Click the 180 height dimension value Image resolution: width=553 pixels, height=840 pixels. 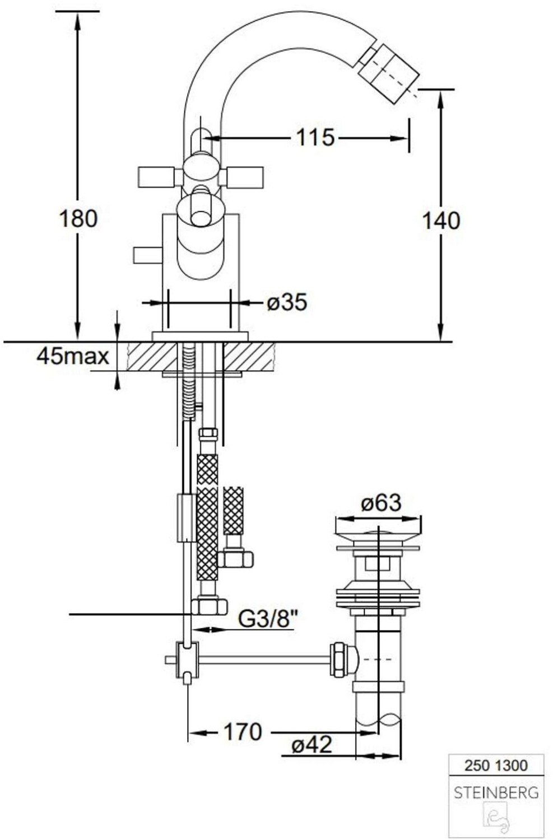coord(78,218)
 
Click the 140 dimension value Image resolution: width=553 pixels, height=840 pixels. coord(441,221)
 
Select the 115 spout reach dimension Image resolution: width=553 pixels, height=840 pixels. coord(315,137)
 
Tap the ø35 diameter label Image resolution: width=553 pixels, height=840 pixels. coord(287,303)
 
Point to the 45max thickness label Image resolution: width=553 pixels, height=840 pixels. coord(73,356)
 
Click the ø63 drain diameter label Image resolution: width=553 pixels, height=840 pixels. coord(382,503)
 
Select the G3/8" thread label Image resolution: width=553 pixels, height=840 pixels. coord(268,619)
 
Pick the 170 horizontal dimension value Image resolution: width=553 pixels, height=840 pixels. coord(243,731)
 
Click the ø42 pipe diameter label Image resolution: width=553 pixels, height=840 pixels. coord(312,745)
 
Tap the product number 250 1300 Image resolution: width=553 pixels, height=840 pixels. coord(496,765)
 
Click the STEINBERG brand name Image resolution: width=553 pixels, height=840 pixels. coord(496,793)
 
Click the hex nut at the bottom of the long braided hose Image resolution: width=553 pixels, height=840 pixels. coord(209,606)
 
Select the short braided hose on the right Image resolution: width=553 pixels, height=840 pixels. coord(233,511)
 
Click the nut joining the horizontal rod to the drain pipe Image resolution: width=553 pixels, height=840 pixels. coord(338,659)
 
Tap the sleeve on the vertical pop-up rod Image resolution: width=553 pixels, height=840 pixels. coord(187,518)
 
